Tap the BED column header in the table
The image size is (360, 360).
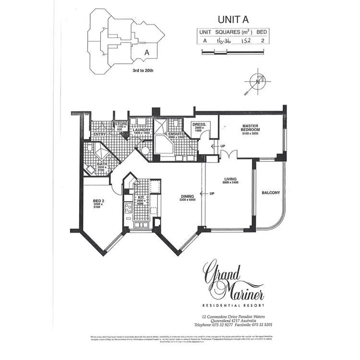click(x=262, y=32)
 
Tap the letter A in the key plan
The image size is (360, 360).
click(x=147, y=52)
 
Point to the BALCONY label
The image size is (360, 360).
click(x=271, y=193)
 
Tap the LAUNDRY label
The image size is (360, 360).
click(x=142, y=130)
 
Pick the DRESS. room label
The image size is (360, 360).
click(x=199, y=124)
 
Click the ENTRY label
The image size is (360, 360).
click(x=99, y=134)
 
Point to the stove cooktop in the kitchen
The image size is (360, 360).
click(x=129, y=208)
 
